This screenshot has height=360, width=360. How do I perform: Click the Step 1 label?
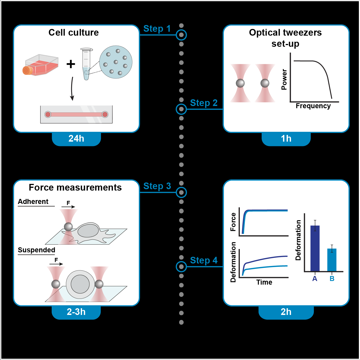tap(157, 29)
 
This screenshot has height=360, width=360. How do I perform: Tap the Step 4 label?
tap(204, 260)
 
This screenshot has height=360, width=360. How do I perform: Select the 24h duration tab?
tap(76, 139)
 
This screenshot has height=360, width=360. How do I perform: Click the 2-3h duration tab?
tap(76, 312)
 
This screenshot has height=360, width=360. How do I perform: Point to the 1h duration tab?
tap(286, 139)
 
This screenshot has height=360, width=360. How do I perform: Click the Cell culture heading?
tap(73, 33)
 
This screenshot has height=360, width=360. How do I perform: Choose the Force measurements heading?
tap(75, 188)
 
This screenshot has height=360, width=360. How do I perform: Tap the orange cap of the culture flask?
tap(27, 70)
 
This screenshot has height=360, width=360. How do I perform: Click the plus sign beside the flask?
tap(71, 64)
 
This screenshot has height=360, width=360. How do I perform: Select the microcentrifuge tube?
tap(86, 64)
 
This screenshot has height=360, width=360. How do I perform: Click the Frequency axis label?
tap(313, 106)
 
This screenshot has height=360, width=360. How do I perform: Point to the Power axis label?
tap(284, 80)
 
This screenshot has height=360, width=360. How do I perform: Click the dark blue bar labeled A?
tap(315, 248)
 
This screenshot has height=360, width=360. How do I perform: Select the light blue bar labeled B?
tap(332, 260)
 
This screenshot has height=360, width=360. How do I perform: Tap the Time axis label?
tap(264, 282)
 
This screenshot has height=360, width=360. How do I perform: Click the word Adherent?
tap(33, 202)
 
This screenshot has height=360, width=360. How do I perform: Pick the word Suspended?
tap(36, 250)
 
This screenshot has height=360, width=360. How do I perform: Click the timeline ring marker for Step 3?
tap(181, 192)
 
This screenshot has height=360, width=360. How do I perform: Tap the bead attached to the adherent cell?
tap(68, 226)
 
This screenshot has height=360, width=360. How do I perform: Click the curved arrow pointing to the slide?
tap(72, 88)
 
